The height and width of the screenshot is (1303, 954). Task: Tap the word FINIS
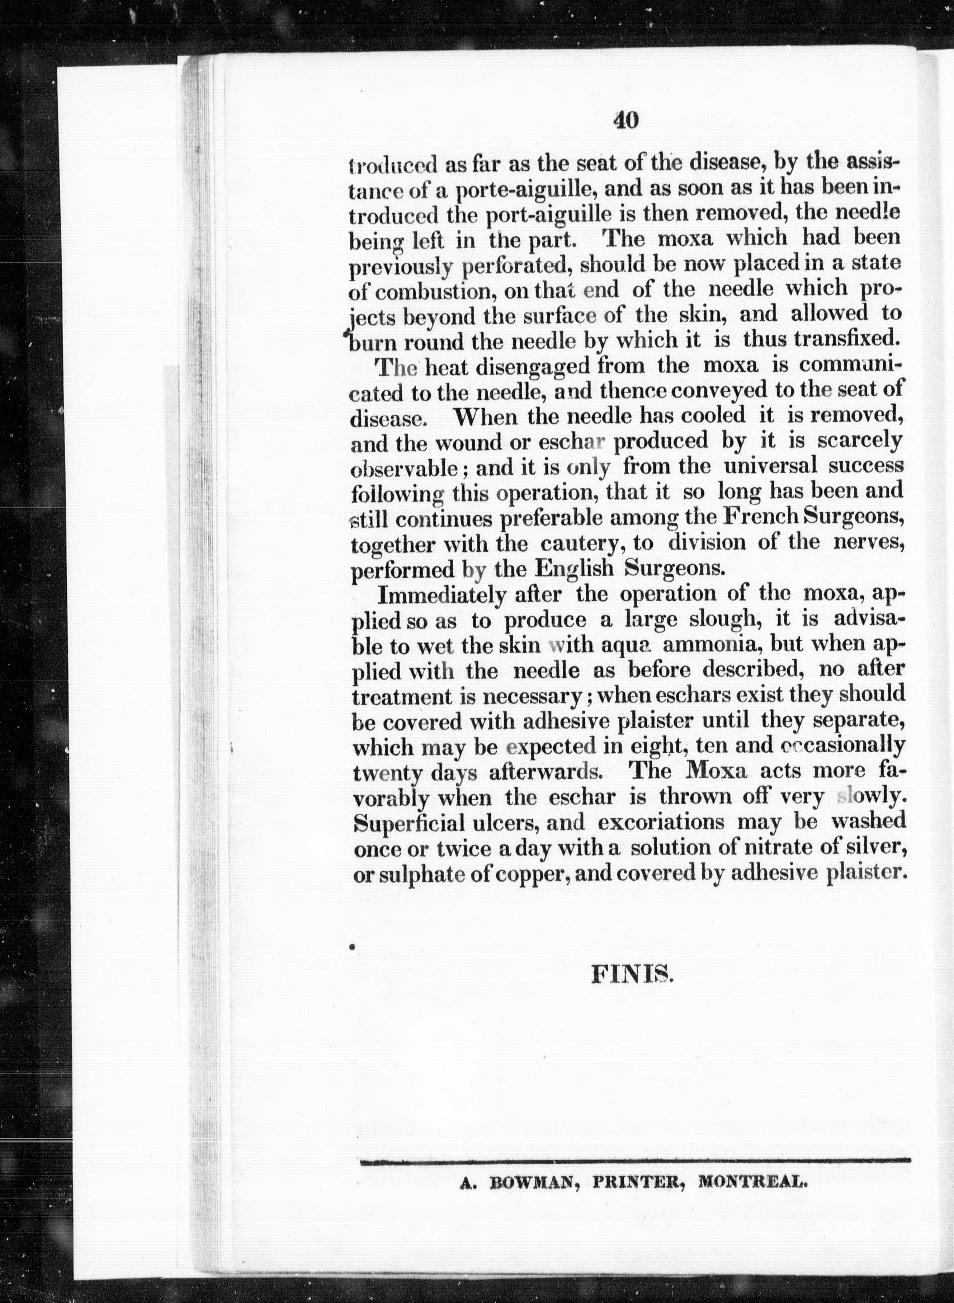click(632, 975)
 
